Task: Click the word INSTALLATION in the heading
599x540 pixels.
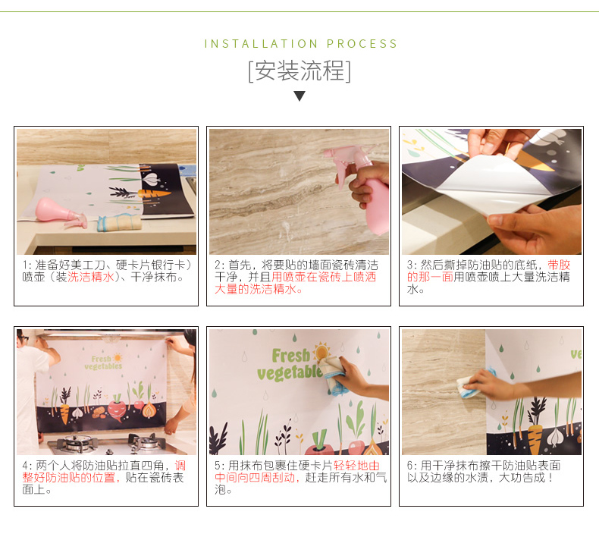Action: [x=261, y=43]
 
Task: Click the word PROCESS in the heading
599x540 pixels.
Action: [x=362, y=43]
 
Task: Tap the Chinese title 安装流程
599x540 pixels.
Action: [x=299, y=71]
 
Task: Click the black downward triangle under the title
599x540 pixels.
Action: [x=299, y=96]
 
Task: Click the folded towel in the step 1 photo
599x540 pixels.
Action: [x=119, y=222]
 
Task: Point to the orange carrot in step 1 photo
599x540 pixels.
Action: [x=154, y=193]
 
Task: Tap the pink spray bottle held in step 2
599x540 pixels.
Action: [x=362, y=188]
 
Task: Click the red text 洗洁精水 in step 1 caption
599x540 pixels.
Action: [x=90, y=277]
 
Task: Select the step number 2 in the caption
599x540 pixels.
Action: [x=218, y=265]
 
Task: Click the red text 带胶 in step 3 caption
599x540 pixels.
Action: [x=559, y=265]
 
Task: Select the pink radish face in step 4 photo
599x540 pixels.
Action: [x=117, y=410]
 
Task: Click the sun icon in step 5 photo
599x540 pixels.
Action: [x=321, y=352]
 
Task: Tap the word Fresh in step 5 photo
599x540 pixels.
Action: [x=290, y=356]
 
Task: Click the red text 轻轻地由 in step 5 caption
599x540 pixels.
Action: [x=357, y=466]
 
